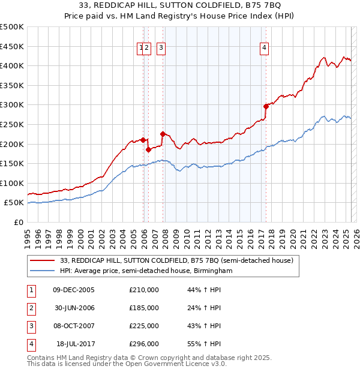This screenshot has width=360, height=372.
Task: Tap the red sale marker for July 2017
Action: [x=266, y=106]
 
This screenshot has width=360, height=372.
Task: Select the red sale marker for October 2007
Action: [x=163, y=134]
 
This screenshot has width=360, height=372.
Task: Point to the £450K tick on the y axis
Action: [x=12, y=46]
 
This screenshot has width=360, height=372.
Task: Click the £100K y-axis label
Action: [x=12, y=183]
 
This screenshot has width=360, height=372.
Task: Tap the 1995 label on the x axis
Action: [x=28, y=234]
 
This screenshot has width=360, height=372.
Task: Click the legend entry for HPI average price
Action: [x=145, y=271]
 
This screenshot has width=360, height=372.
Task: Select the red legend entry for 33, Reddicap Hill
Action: [x=176, y=260]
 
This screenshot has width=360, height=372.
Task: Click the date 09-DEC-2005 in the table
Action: [x=74, y=290]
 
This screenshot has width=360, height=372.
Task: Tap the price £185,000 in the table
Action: [x=144, y=308]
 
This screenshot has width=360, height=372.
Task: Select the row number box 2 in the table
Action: [x=31, y=308]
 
